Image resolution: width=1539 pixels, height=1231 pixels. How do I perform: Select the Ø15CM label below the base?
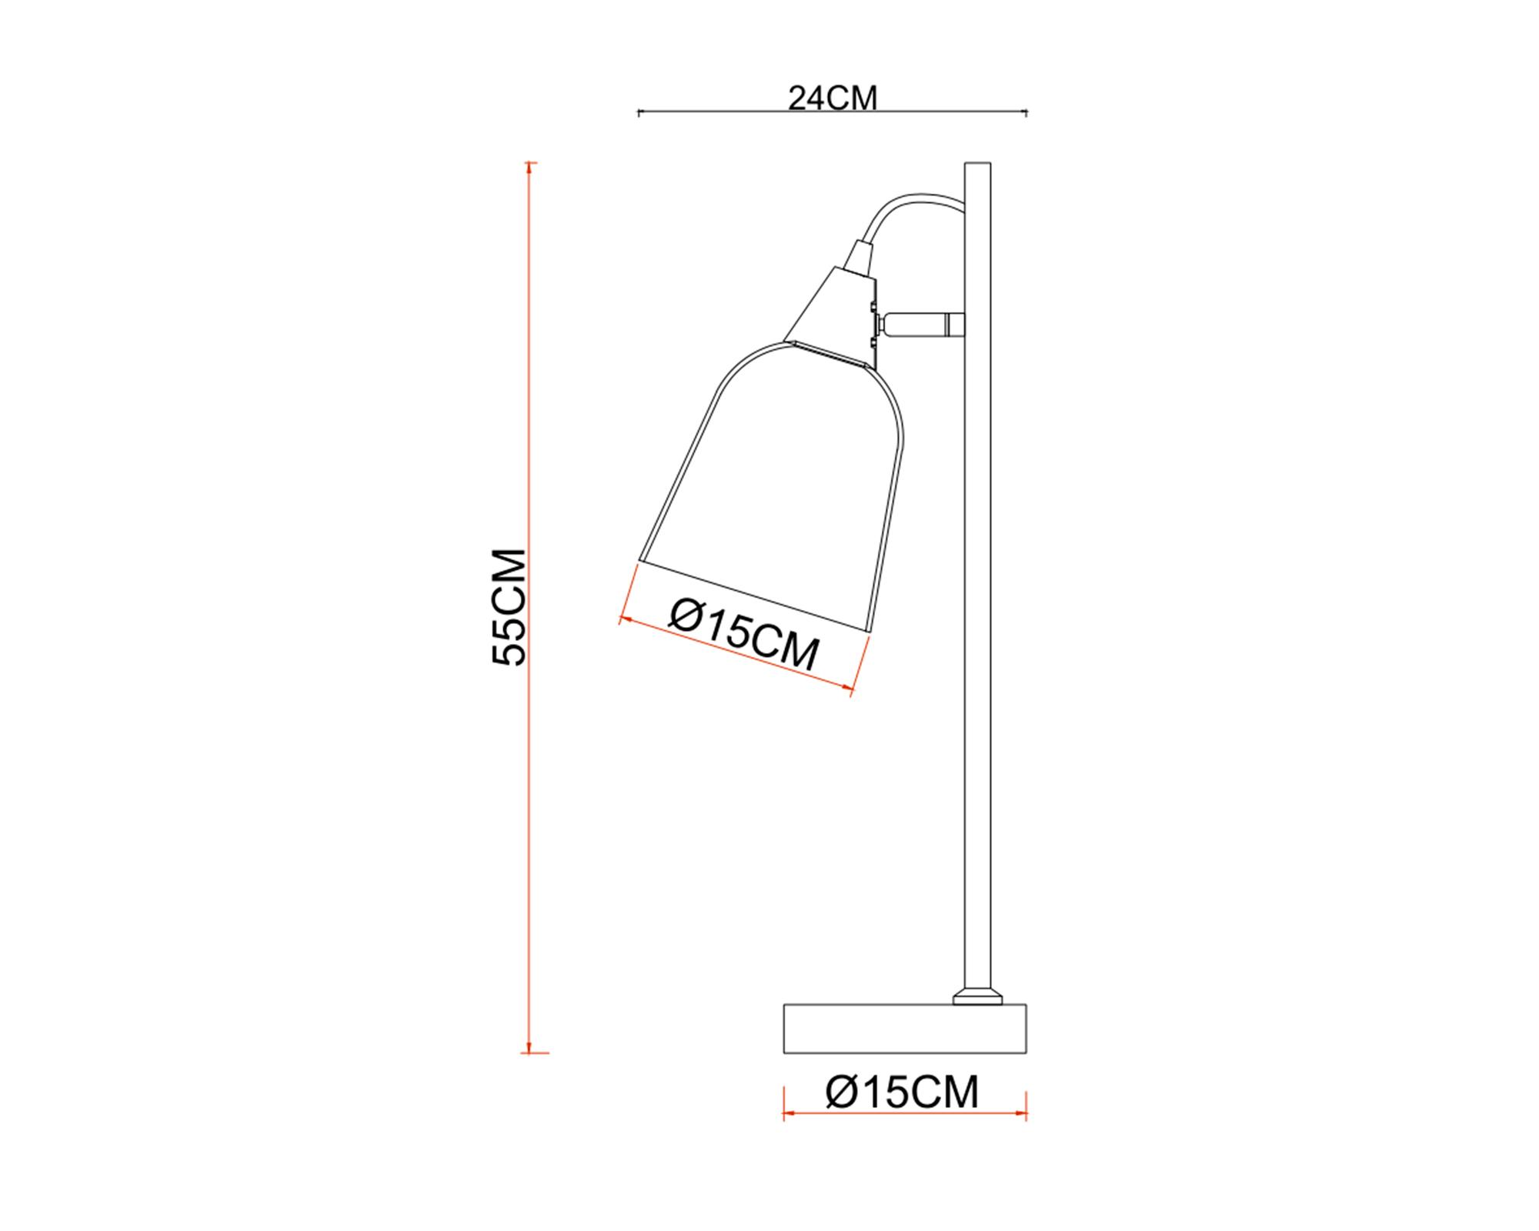pos(902,1092)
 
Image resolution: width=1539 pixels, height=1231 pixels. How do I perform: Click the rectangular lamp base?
pos(905,1028)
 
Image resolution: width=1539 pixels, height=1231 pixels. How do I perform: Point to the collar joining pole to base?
pos(977,998)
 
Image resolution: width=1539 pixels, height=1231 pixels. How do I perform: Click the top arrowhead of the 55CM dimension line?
pos(529,167)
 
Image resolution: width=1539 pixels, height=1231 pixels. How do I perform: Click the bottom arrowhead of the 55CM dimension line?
pos(529,1048)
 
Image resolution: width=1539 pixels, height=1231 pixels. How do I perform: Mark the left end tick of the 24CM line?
pos(639,113)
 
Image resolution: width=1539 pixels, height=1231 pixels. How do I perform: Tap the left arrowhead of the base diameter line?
pos(787,1113)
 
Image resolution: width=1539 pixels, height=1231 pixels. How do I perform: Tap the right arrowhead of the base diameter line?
pos(1023,1113)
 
